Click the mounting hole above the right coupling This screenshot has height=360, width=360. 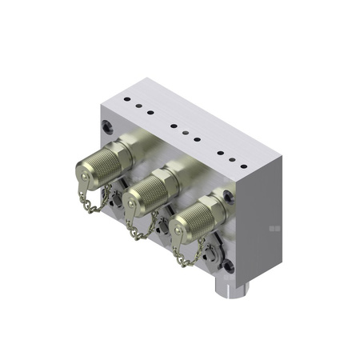[229, 194]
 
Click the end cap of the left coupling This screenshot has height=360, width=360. [85, 170]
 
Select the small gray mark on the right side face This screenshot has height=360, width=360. [274, 229]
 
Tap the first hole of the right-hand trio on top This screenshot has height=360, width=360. [220, 153]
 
